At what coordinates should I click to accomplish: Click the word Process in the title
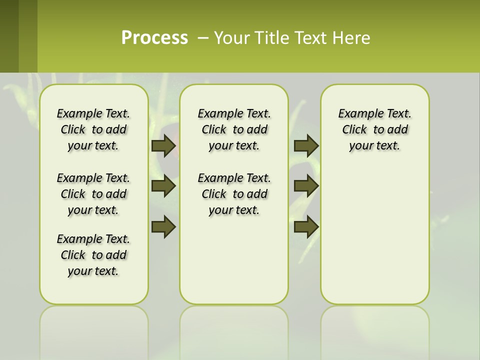click(154, 38)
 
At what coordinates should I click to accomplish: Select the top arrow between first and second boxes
click(163, 145)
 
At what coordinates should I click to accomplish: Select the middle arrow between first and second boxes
click(163, 186)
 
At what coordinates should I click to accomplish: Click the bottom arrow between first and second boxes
click(163, 226)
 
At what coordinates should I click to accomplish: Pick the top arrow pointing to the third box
click(306, 145)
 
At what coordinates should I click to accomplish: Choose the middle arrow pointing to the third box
click(306, 186)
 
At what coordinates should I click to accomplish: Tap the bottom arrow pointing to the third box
click(306, 226)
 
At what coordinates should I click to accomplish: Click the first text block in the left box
click(93, 129)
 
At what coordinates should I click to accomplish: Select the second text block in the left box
click(93, 194)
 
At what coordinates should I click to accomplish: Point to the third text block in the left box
click(93, 255)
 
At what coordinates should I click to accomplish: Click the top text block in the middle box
click(234, 129)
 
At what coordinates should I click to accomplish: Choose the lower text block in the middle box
click(234, 194)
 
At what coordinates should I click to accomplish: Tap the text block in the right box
click(374, 129)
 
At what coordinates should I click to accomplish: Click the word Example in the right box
click(357, 114)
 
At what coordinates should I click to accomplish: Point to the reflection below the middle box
click(234, 330)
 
